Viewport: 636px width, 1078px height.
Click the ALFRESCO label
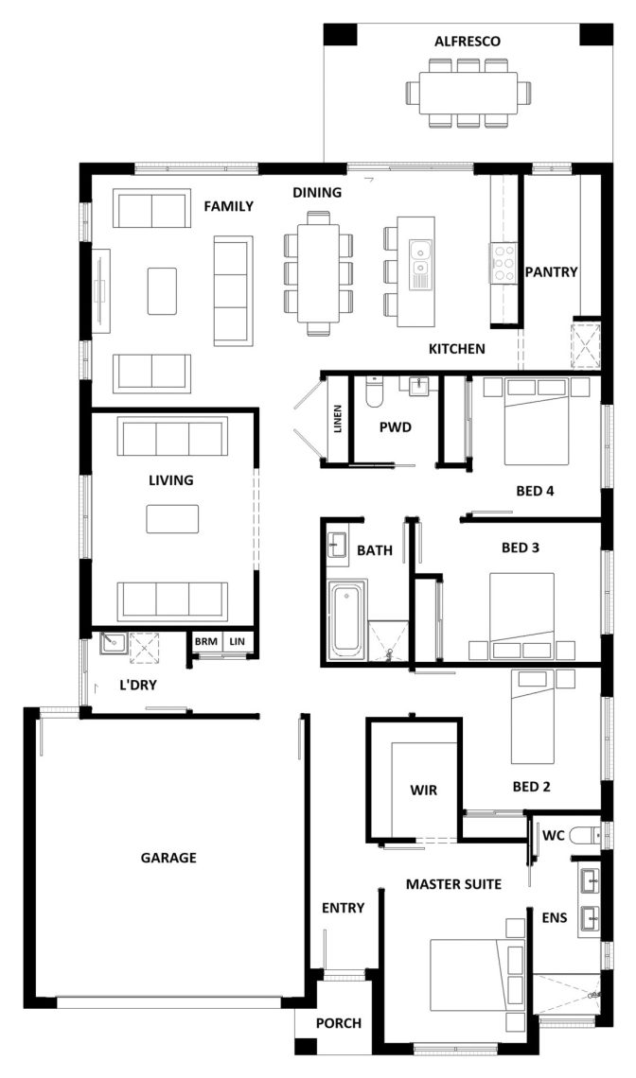[x=468, y=42]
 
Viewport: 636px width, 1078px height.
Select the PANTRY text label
[x=552, y=272]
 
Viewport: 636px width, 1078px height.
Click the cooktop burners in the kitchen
[x=503, y=262]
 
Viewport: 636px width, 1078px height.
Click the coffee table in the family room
[x=162, y=291]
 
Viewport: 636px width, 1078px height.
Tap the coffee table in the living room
[x=172, y=518]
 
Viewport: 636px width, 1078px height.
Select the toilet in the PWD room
[x=374, y=391]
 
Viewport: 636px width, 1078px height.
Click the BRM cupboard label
[x=205, y=641]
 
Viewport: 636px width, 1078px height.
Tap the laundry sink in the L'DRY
[x=110, y=643]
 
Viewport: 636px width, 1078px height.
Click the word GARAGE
[x=168, y=858]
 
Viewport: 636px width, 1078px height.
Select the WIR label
[x=423, y=791]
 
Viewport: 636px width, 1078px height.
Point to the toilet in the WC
[x=587, y=835]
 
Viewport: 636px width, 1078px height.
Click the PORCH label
[x=339, y=1024]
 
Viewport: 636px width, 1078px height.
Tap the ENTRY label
[x=343, y=908]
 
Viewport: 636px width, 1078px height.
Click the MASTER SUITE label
[x=453, y=884]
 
